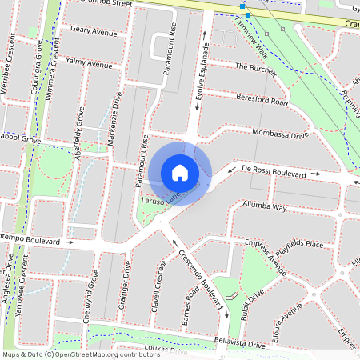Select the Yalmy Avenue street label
[90, 63]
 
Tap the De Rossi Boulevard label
[274, 172]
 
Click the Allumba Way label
[264, 206]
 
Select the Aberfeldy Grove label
[78, 137]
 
